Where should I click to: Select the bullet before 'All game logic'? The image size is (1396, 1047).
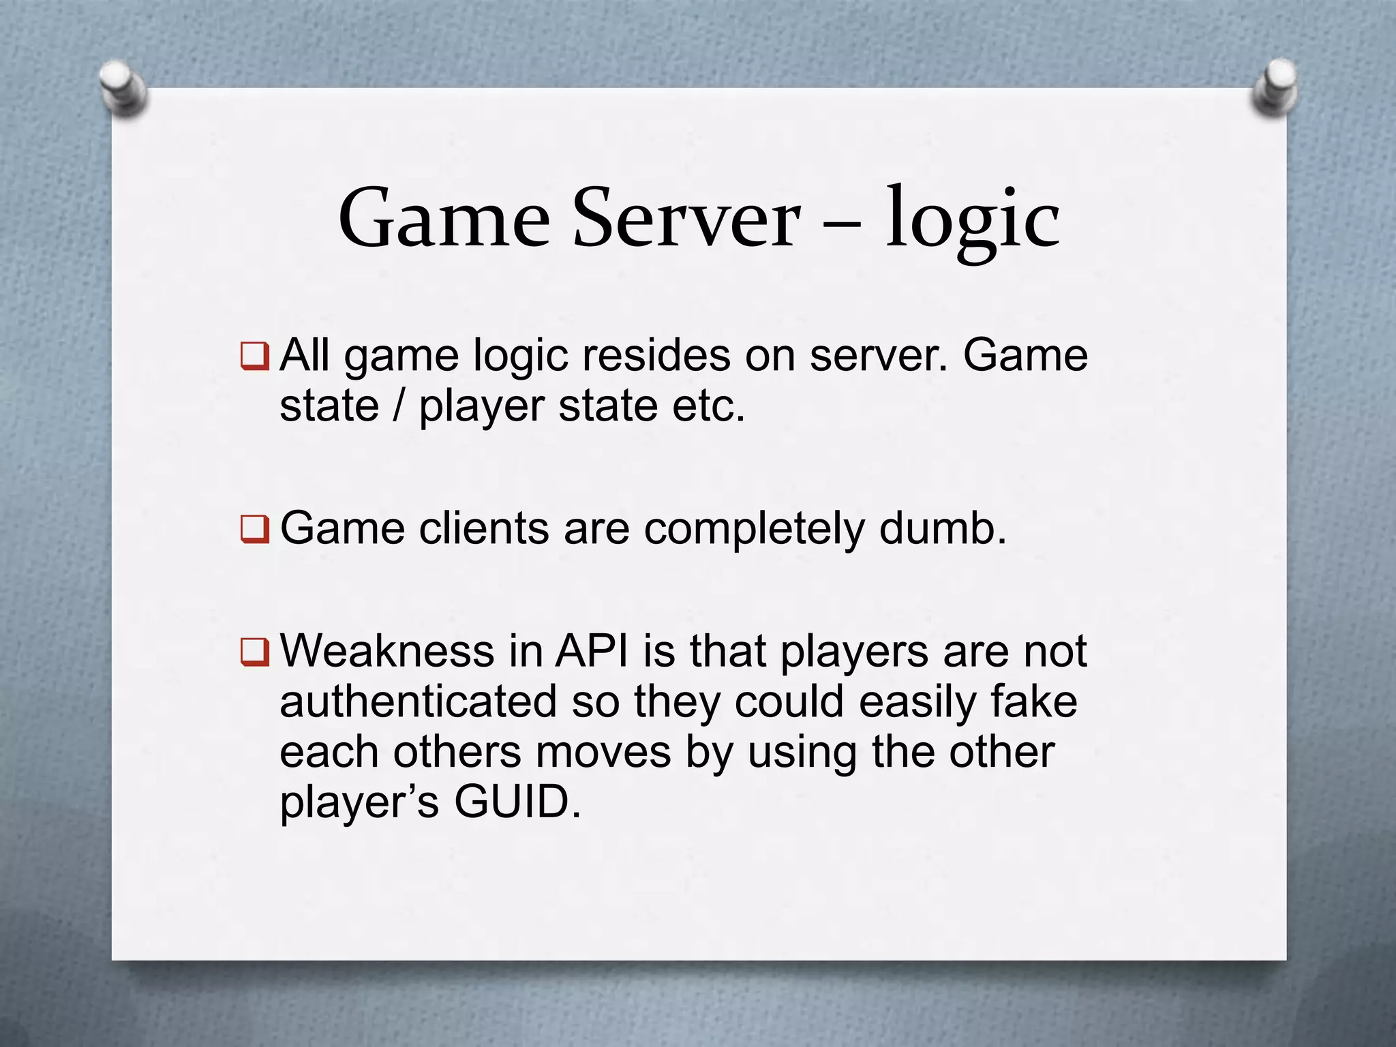[255, 356]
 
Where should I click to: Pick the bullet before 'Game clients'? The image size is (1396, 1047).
[255, 530]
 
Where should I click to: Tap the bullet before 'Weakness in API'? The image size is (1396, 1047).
[255, 652]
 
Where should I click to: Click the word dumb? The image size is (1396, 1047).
[942, 529]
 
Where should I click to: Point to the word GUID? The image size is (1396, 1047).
[517, 802]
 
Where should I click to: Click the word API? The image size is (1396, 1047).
[592, 652]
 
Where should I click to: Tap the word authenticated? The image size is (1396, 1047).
[418, 702]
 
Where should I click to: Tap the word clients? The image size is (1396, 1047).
[483, 529]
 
